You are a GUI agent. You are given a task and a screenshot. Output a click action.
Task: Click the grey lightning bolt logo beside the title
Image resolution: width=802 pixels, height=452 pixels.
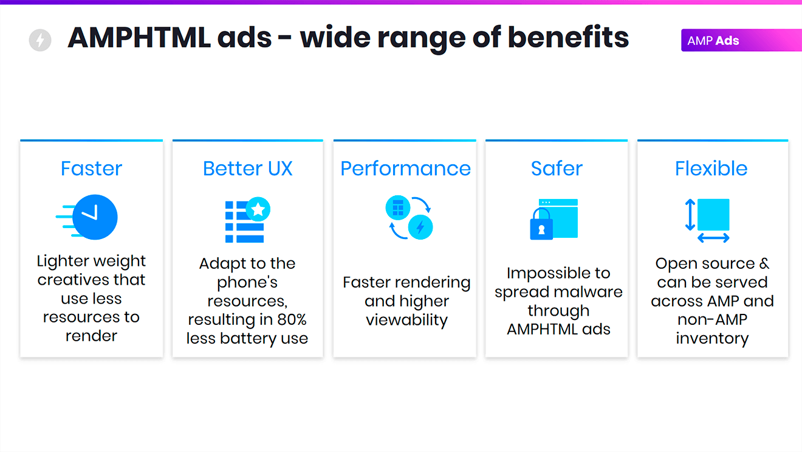[x=40, y=40]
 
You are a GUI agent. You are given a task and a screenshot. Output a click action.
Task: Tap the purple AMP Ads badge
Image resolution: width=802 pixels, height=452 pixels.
[x=741, y=40]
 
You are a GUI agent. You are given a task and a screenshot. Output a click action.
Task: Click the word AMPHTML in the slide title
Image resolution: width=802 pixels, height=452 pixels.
[x=139, y=38]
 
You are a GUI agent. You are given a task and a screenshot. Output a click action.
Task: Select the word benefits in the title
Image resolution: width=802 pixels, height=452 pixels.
[x=568, y=37]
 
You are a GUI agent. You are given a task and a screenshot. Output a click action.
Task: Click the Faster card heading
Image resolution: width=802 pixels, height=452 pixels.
[x=91, y=169]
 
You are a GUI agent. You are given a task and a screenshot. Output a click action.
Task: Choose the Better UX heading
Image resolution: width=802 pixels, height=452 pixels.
[x=247, y=169]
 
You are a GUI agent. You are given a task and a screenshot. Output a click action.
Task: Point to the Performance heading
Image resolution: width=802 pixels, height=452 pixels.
[x=405, y=169]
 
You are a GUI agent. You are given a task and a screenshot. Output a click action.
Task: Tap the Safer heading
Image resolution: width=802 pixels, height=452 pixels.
[x=557, y=169]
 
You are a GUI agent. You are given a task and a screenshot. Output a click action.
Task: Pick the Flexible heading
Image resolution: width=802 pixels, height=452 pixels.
[x=711, y=169]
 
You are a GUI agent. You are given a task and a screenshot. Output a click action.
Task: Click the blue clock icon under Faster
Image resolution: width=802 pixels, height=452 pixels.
[x=95, y=217]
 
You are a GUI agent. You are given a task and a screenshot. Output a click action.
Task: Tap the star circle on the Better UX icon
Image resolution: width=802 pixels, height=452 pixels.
[x=258, y=209]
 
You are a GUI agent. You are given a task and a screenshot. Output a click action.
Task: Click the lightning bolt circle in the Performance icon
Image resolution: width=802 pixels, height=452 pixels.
[x=420, y=227]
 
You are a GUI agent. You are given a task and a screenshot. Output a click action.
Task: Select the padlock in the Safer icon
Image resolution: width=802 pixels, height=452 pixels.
[x=541, y=224]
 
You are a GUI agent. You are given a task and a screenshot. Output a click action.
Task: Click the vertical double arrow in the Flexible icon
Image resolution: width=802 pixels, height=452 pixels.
[x=690, y=215]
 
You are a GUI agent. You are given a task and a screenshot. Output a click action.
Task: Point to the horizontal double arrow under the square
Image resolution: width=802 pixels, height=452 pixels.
[x=713, y=238]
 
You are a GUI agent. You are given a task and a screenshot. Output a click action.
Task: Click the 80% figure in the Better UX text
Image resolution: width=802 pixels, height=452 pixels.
[x=292, y=319]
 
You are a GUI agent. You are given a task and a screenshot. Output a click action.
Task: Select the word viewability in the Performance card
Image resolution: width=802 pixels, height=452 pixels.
[x=406, y=320]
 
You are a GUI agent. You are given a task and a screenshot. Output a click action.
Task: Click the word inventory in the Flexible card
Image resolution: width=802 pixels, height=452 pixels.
[x=712, y=339]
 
